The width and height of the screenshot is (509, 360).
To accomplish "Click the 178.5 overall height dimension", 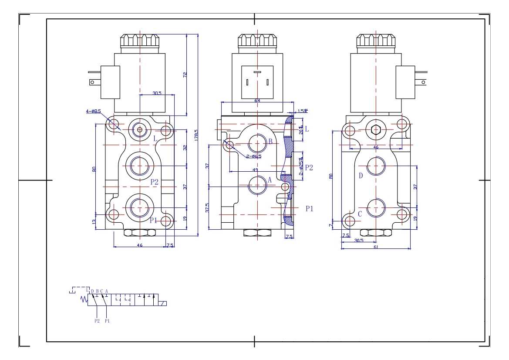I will (x=196, y=135).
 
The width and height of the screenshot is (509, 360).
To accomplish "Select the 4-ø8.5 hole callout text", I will (x=93, y=112).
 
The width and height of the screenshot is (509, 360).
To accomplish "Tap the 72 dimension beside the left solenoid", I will (x=185, y=75).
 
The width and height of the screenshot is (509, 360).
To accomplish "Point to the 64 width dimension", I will (x=257, y=101).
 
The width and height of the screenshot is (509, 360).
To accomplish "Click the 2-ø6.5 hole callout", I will (x=253, y=156).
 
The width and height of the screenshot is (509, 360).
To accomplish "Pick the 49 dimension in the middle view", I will (x=255, y=170).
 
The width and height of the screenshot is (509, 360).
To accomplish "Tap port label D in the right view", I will (x=361, y=176).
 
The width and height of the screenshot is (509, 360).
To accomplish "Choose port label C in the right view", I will (x=360, y=214).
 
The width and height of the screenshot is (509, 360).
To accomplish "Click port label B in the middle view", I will (x=270, y=141).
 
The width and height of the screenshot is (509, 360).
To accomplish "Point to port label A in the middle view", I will (x=270, y=180).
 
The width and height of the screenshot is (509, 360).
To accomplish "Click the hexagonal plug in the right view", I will (x=376, y=129).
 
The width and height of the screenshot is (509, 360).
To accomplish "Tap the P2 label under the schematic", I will (x=97, y=321).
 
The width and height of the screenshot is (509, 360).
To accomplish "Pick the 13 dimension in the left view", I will (x=94, y=222).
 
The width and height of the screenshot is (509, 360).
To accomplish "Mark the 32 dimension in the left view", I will (x=185, y=148).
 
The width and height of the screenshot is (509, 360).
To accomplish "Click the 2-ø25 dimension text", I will (x=301, y=166).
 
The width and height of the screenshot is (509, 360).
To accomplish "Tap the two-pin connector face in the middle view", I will (x=257, y=81).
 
